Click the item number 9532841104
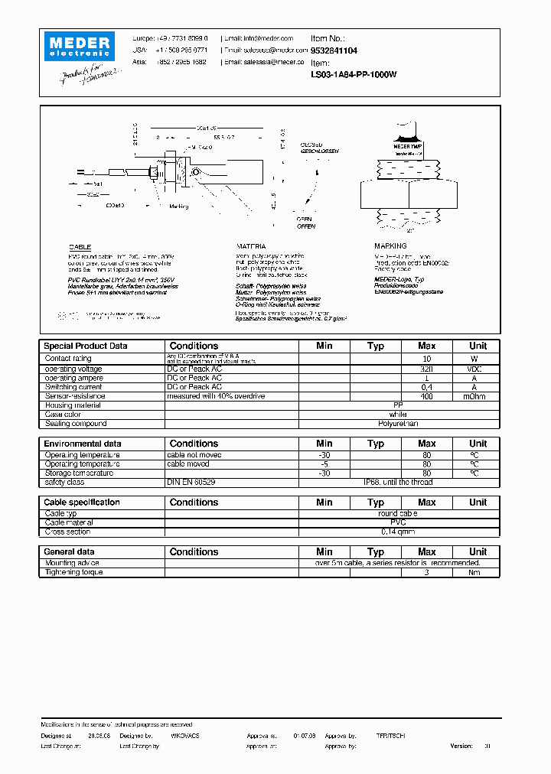pos(334,50)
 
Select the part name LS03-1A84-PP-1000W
pos(353,75)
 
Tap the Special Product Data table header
pos(86,346)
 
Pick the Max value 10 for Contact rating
pos(427,359)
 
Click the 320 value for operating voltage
pos(427,369)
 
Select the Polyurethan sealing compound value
pos(398,424)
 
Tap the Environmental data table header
pos(83,444)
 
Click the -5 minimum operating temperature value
pos(324,464)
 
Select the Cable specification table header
pos(82,502)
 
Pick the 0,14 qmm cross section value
pos(398,532)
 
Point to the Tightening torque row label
pos(73,572)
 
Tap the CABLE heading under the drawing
pos(80,247)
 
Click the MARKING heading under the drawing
pos(390,246)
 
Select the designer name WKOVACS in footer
pos(184,735)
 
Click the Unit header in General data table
pos(478,551)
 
